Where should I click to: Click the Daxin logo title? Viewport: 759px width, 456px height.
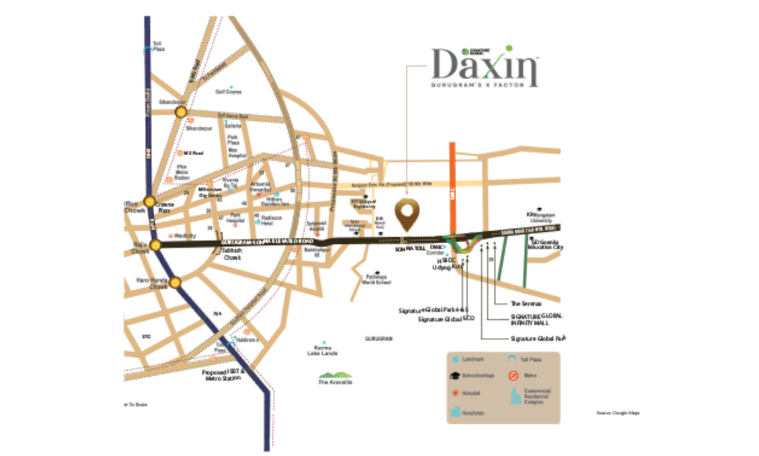click(486, 67)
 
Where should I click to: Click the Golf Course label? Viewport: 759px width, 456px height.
click(228, 91)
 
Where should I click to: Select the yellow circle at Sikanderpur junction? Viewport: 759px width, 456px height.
click(181, 112)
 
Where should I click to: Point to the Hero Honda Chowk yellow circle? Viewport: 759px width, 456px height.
click(176, 282)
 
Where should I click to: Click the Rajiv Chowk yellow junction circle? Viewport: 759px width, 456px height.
click(156, 245)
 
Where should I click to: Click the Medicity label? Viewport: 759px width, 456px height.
click(185, 236)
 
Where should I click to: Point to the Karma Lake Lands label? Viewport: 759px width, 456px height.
click(323, 350)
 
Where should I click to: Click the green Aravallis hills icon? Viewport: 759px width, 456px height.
click(334, 374)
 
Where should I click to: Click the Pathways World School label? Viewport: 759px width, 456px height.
click(376, 279)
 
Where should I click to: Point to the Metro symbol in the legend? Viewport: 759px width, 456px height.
click(515, 375)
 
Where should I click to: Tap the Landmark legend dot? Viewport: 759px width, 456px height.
click(455, 358)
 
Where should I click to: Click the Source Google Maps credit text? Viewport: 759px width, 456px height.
click(618, 413)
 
